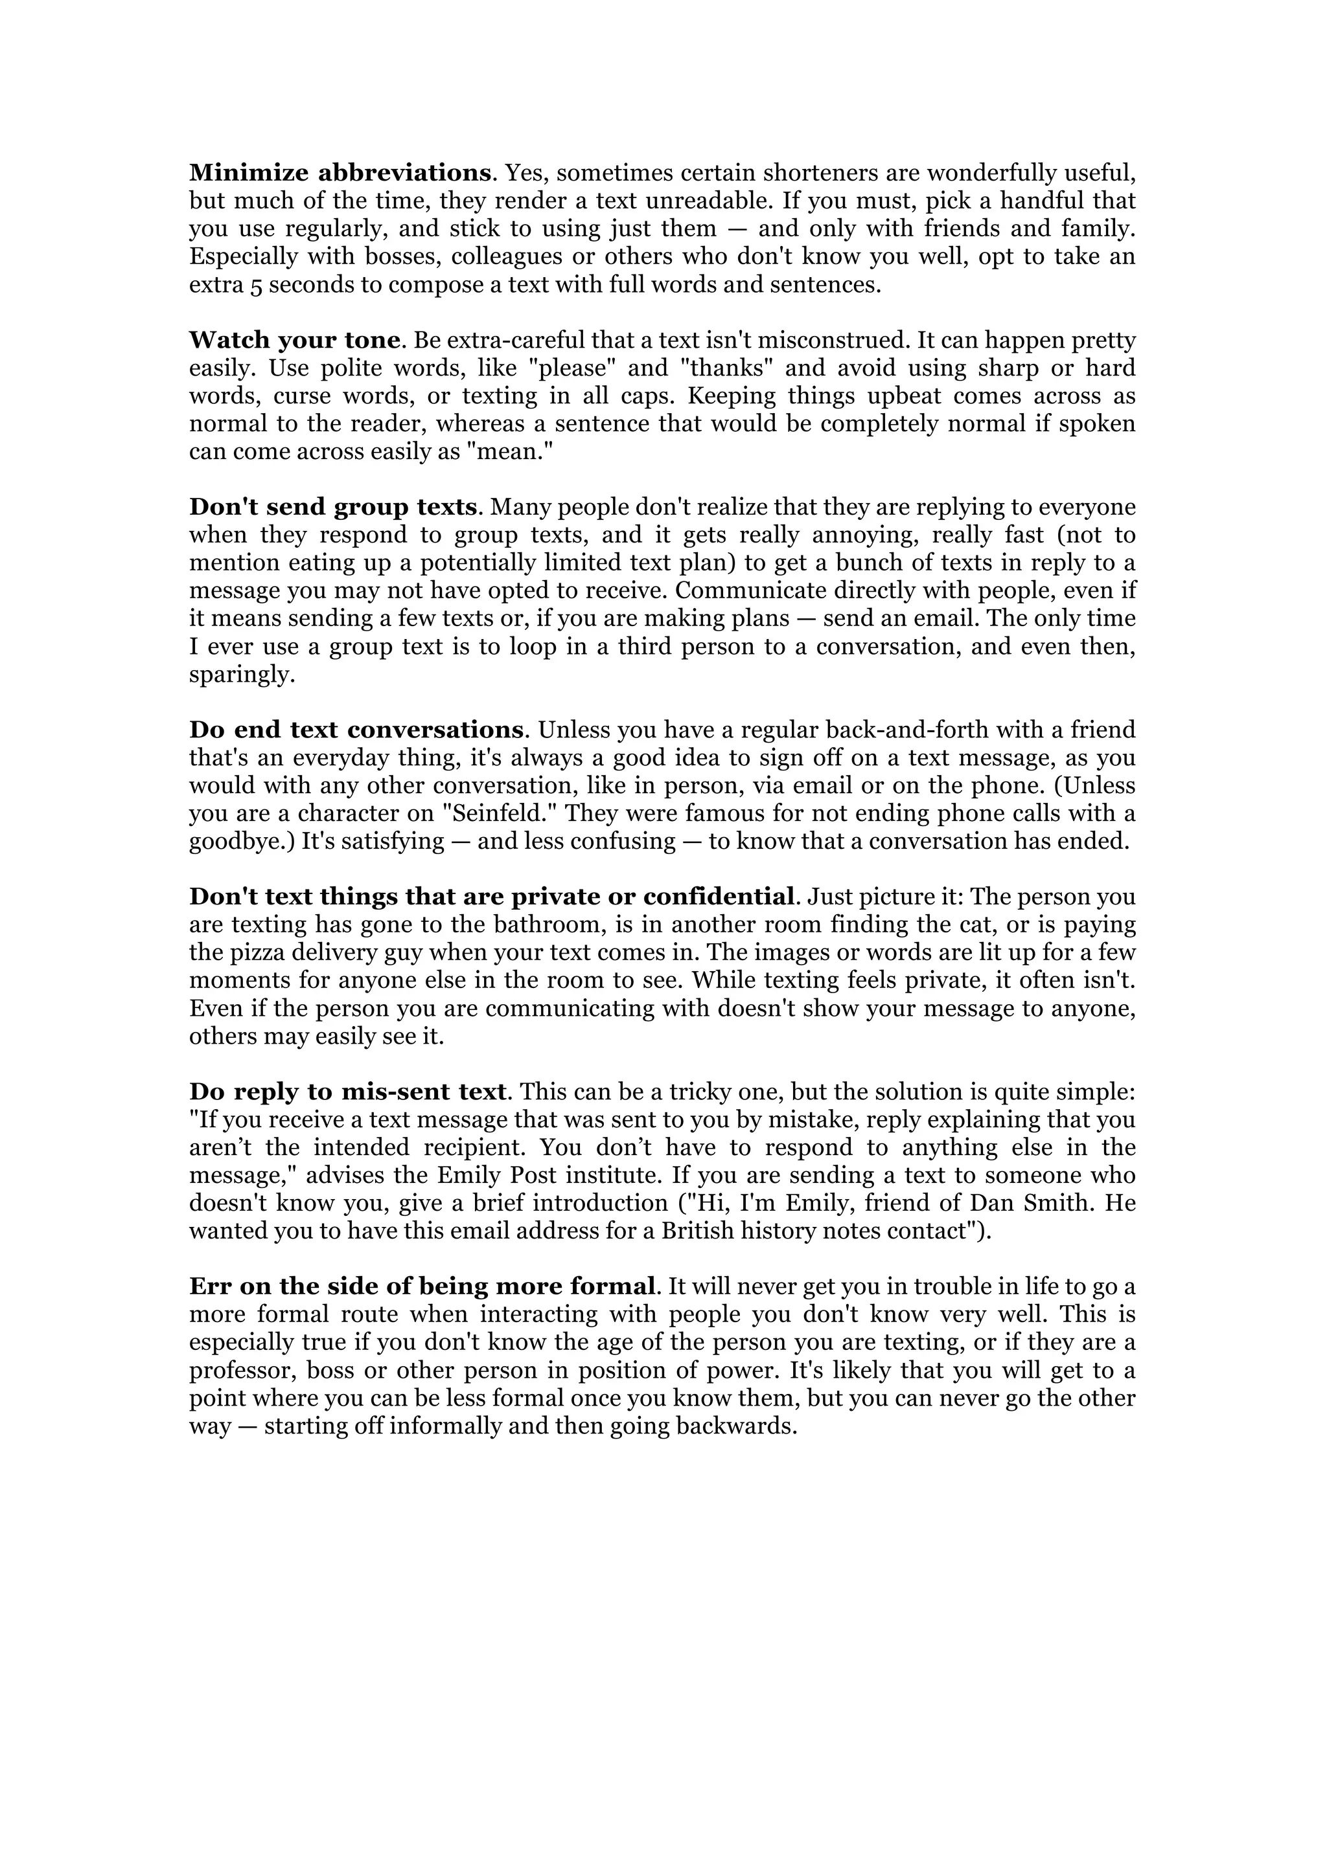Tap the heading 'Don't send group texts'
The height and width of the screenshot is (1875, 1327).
click(332, 507)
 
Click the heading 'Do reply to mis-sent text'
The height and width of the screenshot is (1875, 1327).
click(348, 1092)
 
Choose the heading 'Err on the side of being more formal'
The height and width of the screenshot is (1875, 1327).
click(422, 1287)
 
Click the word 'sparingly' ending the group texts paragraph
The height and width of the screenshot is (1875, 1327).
click(241, 675)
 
